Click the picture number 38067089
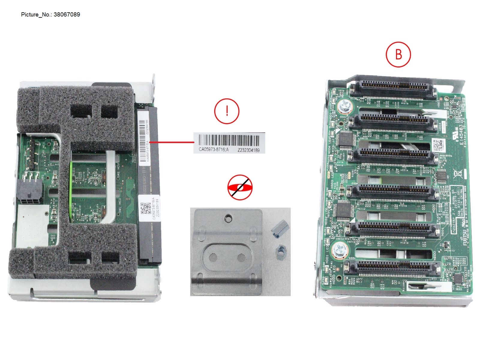(x=67, y=14)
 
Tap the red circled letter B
(x=398, y=55)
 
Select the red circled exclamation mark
(x=227, y=111)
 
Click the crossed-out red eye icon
(x=240, y=187)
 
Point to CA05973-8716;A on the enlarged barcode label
(x=213, y=149)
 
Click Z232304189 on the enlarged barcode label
(x=248, y=150)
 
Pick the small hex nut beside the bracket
(x=281, y=250)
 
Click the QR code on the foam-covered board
(x=145, y=208)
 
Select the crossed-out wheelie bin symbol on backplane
(x=457, y=173)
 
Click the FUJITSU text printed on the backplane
(x=465, y=237)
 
